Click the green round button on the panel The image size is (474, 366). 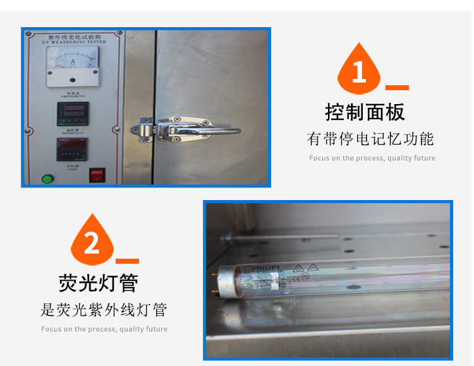[47, 179]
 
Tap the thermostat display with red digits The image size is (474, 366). [73, 113]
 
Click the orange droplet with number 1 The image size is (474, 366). [359, 69]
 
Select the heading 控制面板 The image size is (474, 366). [365, 112]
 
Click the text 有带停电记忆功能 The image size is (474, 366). [370, 139]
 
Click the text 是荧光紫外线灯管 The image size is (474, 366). [104, 310]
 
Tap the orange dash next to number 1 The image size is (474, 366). [397, 88]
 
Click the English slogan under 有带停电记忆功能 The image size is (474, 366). [372, 158]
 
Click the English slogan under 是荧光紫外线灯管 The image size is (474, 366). [104, 329]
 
